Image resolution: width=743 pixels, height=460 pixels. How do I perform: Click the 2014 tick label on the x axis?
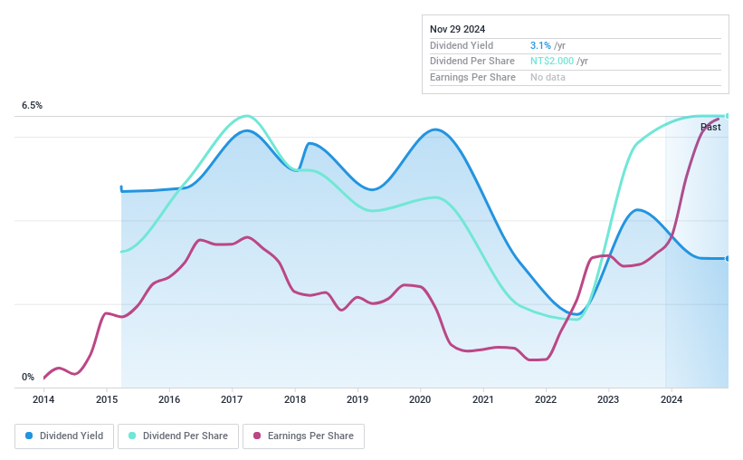(43, 399)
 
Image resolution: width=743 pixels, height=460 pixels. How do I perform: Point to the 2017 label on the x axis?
(232, 399)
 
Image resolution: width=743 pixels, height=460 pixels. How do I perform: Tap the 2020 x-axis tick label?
(420, 399)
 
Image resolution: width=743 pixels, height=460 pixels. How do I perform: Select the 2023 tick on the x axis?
(608, 399)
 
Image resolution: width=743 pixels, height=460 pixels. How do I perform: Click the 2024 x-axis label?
(671, 399)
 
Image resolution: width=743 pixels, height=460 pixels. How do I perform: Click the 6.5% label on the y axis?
(32, 106)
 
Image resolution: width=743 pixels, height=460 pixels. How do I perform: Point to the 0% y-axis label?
(28, 377)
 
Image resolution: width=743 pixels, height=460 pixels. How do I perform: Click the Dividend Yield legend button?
(65, 436)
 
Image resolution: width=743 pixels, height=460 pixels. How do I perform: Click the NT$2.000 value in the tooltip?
(552, 62)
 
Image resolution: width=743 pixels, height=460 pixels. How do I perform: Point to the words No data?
(548, 78)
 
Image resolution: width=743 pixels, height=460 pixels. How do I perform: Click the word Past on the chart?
(710, 128)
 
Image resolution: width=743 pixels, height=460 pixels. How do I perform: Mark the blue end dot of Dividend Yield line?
(727, 258)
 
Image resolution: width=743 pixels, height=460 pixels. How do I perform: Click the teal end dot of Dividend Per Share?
(727, 115)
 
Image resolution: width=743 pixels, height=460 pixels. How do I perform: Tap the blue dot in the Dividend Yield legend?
(30, 436)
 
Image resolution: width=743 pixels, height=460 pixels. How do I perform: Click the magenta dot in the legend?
(258, 436)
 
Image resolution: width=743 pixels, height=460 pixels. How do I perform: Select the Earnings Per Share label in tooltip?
(472, 78)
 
